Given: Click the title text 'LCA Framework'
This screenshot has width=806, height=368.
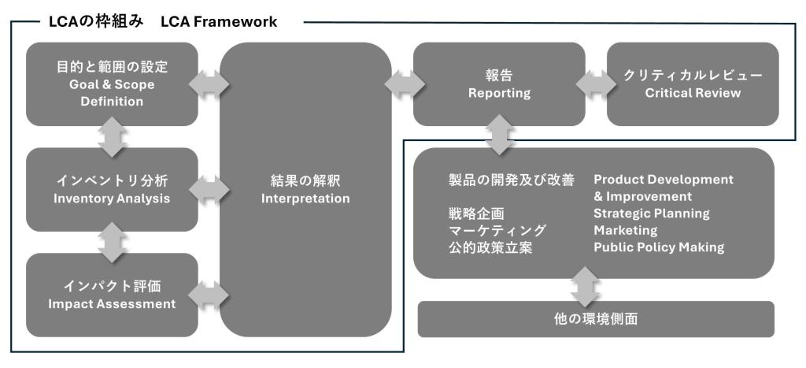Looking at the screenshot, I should [x=219, y=22].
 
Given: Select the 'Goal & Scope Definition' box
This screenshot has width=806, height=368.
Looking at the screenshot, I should [x=112, y=84].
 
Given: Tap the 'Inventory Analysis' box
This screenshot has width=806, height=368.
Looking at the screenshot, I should [x=112, y=190].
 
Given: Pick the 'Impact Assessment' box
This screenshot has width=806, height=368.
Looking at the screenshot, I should [x=112, y=295].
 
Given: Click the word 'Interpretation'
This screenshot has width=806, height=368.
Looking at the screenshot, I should [x=305, y=199].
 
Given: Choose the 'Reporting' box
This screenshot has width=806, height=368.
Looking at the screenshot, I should [x=499, y=84].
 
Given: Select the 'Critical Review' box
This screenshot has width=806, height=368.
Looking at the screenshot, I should [x=693, y=84].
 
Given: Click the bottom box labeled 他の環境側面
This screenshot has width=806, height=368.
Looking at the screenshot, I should [x=596, y=319].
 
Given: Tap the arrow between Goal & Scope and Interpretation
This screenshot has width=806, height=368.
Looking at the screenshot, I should [x=209, y=84].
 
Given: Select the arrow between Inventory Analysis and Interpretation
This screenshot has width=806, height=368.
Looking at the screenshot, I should [x=209, y=190].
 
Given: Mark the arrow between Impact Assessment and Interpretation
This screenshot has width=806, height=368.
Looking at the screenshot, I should [x=209, y=295].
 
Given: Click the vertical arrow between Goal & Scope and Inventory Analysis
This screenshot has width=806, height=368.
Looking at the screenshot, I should [x=112, y=137].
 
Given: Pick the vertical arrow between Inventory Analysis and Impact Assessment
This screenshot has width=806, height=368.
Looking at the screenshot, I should [x=112, y=242].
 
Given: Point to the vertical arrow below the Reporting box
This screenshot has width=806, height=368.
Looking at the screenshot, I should [x=499, y=136].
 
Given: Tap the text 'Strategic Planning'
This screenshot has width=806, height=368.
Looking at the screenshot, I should [x=651, y=214].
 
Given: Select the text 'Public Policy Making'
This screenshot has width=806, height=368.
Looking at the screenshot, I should [x=658, y=247].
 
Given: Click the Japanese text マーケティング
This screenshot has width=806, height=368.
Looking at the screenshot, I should [x=497, y=230].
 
